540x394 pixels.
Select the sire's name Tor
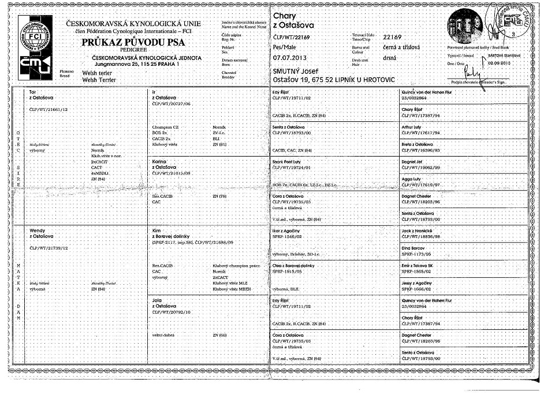click(32, 92)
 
